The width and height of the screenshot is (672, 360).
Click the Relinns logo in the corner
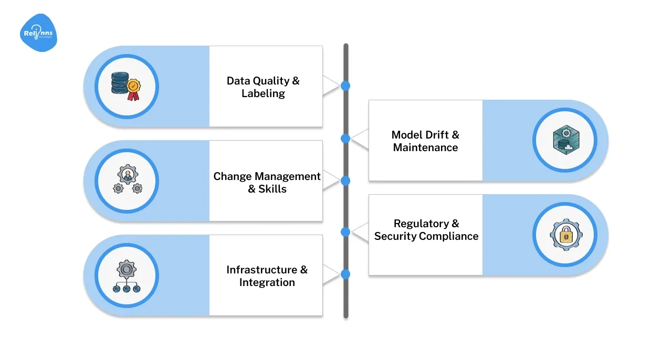click(38, 33)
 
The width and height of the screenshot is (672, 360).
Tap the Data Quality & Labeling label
click(263, 87)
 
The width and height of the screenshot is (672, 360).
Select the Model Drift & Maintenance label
click(425, 141)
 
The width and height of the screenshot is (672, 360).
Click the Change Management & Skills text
click(267, 183)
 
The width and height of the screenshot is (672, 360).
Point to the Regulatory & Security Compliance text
click(426, 230)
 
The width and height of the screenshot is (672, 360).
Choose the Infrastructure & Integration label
click(267, 276)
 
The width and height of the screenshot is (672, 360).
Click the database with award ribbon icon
click(126, 86)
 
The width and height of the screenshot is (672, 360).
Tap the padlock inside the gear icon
click(565, 235)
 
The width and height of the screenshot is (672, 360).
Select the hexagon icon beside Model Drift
click(565, 140)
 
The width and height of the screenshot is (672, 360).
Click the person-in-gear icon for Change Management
click(127, 181)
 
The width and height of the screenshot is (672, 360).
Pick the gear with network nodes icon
click(127, 276)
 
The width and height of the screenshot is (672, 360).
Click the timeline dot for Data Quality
click(345, 86)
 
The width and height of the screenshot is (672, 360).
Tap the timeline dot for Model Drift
click(345, 139)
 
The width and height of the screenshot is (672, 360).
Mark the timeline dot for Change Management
click(345, 181)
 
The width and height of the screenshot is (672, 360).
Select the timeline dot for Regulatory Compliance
click(345, 231)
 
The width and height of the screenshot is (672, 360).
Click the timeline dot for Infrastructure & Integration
click(345, 274)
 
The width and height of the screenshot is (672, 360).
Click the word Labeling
click(263, 94)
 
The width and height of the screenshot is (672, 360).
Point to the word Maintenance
click(425, 148)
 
